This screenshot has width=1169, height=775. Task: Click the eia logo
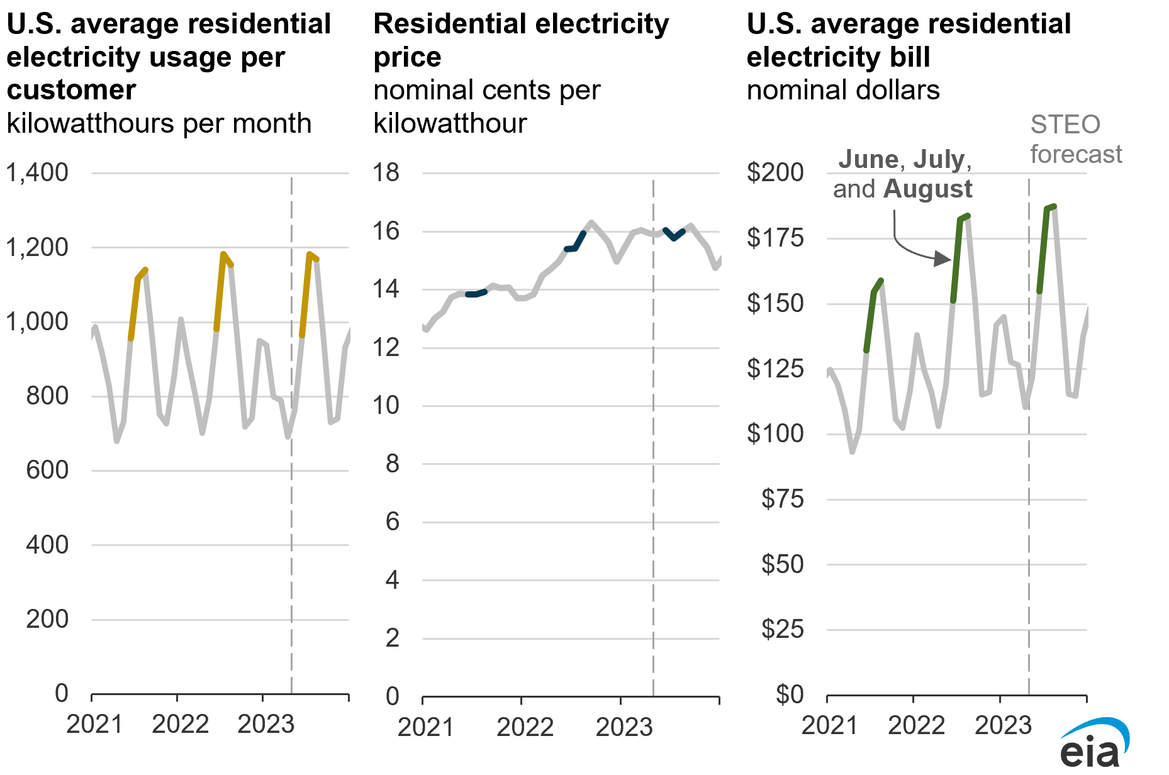pyautogui.click(x=1094, y=744)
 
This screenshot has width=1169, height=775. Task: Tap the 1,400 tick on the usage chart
pyautogui.click(x=37, y=172)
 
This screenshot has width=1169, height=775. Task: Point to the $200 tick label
pyautogui.click(x=775, y=172)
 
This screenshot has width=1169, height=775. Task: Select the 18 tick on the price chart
pyautogui.click(x=386, y=172)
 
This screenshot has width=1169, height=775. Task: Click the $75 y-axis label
pyautogui.click(x=783, y=499)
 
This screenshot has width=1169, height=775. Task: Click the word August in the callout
pyautogui.click(x=928, y=189)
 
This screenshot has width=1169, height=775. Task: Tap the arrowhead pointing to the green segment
pyautogui.click(x=942, y=258)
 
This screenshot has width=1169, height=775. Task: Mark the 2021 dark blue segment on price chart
pyautogui.click(x=476, y=293)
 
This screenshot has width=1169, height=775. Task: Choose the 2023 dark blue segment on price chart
pyautogui.click(x=674, y=233)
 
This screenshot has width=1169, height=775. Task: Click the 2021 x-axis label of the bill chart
pyautogui.click(x=830, y=725)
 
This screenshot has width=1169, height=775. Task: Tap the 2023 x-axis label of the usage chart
pyautogui.click(x=266, y=724)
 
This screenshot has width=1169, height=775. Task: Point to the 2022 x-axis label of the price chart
pyautogui.click(x=525, y=727)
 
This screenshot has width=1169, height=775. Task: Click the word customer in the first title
pyautogui.click(x=71, y=90)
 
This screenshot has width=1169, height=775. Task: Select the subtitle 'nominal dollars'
pyautogui.click(x=843, y=90)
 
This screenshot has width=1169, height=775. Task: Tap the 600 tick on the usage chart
pyautogui.click(x=47, y=470)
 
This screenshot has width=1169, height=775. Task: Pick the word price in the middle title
pyautogui.click(x=407, y=58)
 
